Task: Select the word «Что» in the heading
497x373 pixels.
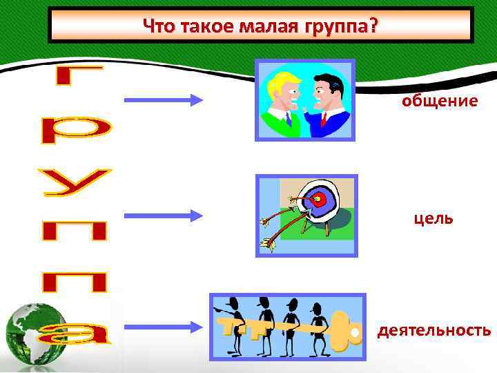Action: point(158,26)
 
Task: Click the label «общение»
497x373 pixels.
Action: point(440,102)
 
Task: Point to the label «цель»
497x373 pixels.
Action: point(433,218)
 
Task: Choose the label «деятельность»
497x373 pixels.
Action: point(433,331)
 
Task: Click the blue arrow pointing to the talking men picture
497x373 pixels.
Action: point(164,101)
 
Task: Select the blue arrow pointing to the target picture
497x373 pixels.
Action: point(164,216)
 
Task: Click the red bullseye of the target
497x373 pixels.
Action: point(318,200)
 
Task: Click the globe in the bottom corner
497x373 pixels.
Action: point(36,336)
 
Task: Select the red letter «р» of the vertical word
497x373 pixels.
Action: point(75,130)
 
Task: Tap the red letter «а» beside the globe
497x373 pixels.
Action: point(77,334)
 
